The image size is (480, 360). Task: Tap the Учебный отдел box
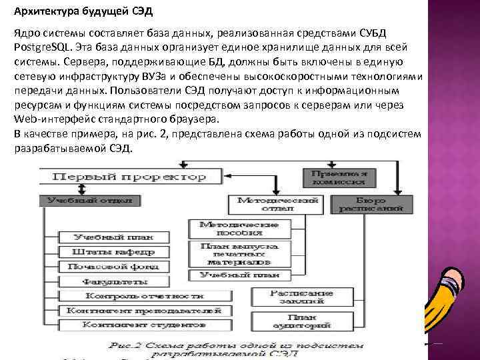click(x=89, y=200)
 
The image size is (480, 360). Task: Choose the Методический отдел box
click(x=277, y=204)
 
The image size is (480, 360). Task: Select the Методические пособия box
click(x=241, y=229)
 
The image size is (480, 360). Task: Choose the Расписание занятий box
click(x=292, y=297)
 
